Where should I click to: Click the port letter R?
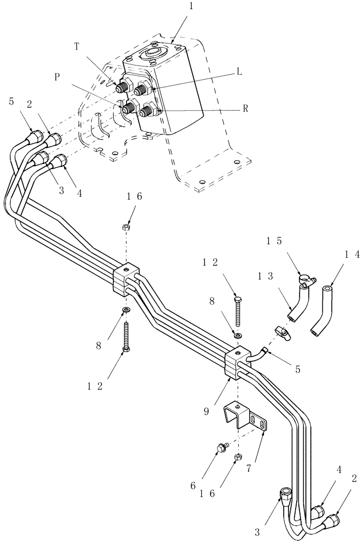point(245,108)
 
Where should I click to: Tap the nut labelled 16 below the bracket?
point(238,456)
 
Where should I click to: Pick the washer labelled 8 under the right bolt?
point(238,334)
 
